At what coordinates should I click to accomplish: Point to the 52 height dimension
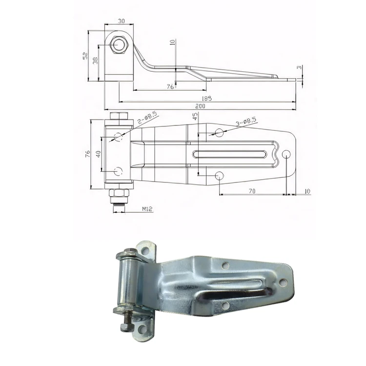coord(85,56)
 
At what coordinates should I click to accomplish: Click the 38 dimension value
coord(95,60)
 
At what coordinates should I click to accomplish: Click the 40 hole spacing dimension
coord(98,154)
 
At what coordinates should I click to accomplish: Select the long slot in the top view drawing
coord(230,154)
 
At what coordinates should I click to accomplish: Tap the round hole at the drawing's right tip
coord(286,154)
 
